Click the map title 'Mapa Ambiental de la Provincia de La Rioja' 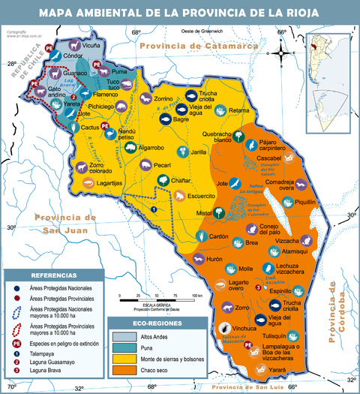coord(180,13)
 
